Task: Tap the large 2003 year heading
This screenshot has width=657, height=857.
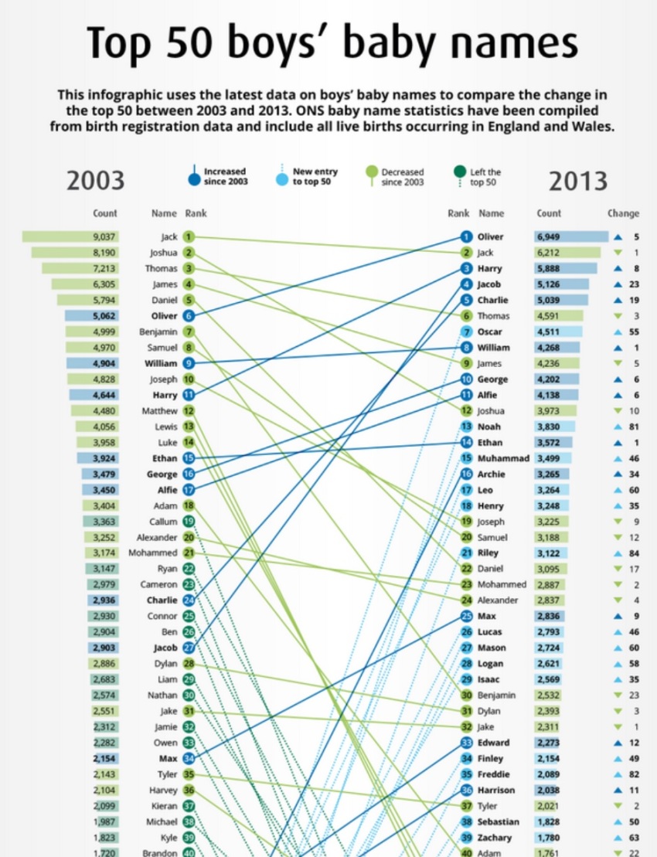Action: click(x=95, y=180)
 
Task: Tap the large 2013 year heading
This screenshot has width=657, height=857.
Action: click(x=577, y=180)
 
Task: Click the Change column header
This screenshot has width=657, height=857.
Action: click(x=623, y=213)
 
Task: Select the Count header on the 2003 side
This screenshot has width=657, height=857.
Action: click(x=105, y=213)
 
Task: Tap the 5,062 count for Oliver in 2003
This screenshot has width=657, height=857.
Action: click(x=104, y=315)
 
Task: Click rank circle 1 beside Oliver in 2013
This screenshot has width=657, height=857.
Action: click(x=466, y=236)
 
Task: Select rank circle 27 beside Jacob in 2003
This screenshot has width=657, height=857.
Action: click(x=189, y=648)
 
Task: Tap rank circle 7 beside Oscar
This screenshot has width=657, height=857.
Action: click(x=466, y=332)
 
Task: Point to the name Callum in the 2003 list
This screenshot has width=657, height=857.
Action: click(x=163, y=522)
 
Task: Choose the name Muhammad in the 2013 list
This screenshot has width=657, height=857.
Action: click(x=502, y=458)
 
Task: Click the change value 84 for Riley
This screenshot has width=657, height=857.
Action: click(x=634, y=553)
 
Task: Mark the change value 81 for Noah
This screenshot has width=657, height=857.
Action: click(x=634, y=427)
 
